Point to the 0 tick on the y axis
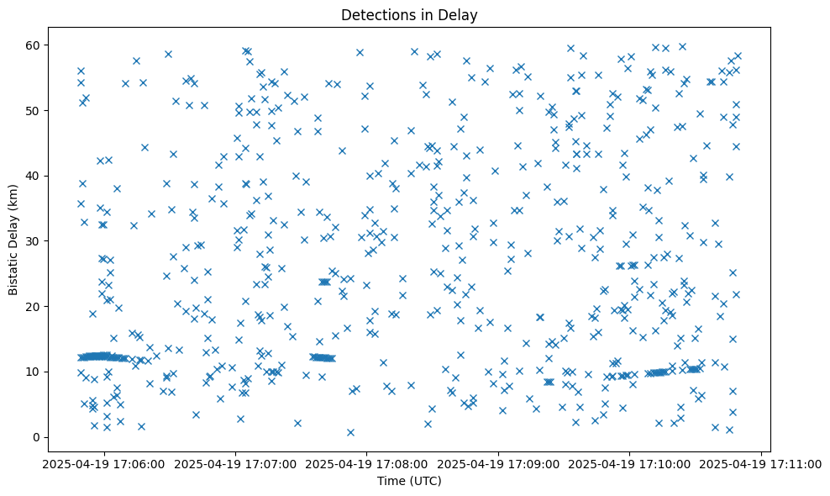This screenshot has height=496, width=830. pyautogui.click(x=38, y=437)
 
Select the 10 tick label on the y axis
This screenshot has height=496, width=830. pyautogui.click(x=34, y=372)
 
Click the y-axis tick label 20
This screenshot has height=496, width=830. pyautogui.click(x=34, y=306)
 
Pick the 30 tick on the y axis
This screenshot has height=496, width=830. pyautogui.click(x=34, y=241)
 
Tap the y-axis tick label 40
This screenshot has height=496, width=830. pyautogui.click(x=34, y=176)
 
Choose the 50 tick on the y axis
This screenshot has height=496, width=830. pyautogui.click(x=34, y=110)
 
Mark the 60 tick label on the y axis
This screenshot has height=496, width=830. pyautogui.click(x=34, y=45)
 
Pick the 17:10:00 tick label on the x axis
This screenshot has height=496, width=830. pyautogui.click(x=630, y=463)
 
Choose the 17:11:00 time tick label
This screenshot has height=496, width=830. pyautogui.click(x=762, y=463)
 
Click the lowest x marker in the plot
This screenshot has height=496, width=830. pyautogui.click(x=350, y=432)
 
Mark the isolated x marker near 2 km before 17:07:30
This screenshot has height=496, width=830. pyautogui.click(x=297, y=423)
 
